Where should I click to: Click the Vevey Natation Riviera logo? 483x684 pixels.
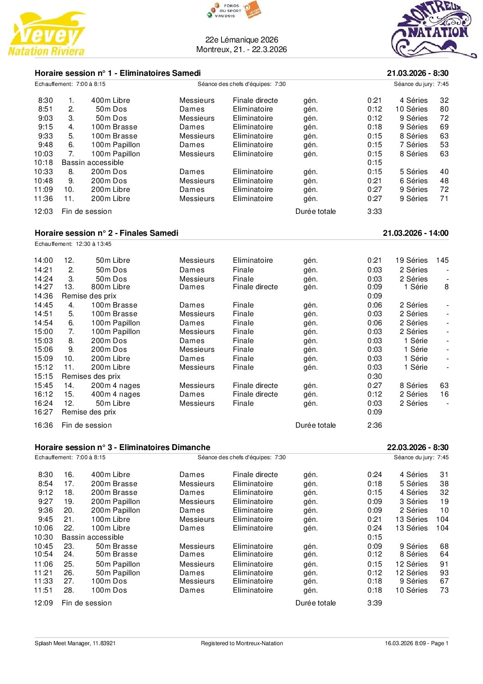47,34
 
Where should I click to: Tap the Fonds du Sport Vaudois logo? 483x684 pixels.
233,11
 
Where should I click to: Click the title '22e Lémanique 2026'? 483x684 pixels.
241,40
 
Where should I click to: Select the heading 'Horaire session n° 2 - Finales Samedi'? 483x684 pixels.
106,233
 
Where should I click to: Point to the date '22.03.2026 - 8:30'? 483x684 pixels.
417,447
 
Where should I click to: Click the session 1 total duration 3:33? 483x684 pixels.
374,212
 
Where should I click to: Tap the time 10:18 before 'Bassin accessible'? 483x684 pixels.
43,163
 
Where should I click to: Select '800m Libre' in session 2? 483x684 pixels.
110,287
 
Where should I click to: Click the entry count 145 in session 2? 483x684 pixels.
442,260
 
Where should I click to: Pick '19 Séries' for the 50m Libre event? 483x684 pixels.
411,260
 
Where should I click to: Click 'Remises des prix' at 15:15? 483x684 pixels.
91,376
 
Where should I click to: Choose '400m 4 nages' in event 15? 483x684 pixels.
115,394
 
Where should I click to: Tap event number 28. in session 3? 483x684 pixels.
68,590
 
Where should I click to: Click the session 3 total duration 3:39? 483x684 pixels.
374,603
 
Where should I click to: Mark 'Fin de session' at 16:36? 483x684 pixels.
86,425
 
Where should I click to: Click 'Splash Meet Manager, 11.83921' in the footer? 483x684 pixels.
75,643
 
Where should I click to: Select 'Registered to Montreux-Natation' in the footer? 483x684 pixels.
241,643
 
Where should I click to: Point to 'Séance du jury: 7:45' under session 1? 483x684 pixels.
421,84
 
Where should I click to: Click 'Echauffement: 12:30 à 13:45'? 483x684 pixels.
73,244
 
